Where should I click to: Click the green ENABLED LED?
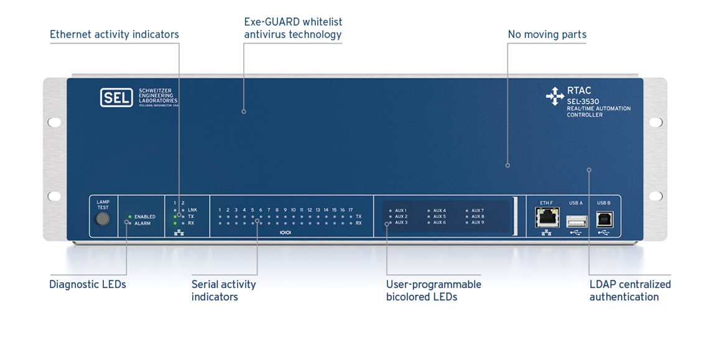(x=129, y=216)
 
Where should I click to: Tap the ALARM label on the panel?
(x=142, y=223)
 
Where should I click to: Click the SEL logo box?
(x=116, y=98)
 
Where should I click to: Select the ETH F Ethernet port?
(x=547, y=218)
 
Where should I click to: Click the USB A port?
(x=577, y=220)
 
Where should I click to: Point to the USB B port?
(x=604, y=219)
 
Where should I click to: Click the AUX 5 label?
(x=440, y=216)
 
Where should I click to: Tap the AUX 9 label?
(x=478, y=223)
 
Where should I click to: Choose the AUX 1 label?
(x=401, y=211)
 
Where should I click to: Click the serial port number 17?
(x=351, y=210)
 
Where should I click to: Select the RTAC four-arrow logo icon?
(x=554, y=96)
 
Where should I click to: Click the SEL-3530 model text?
(x=582, y=101)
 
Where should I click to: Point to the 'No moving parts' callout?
(x=547, y=35)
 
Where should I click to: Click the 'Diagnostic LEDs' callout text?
(x=88, y=285)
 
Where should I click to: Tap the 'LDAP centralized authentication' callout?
(x=630, y=290)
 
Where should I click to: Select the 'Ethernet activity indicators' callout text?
(x=114, y=35)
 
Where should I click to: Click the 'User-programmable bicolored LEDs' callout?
(x=433, y=290)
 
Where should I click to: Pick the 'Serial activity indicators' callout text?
(x=223, y=290)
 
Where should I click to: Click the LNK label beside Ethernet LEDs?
(x=192, y=210)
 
